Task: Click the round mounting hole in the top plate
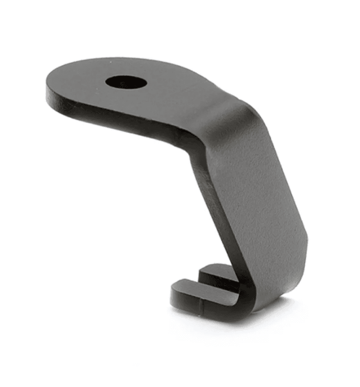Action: coord(126,82)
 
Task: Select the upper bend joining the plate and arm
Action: coord(227,116)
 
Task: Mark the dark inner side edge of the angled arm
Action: coord(213,193)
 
